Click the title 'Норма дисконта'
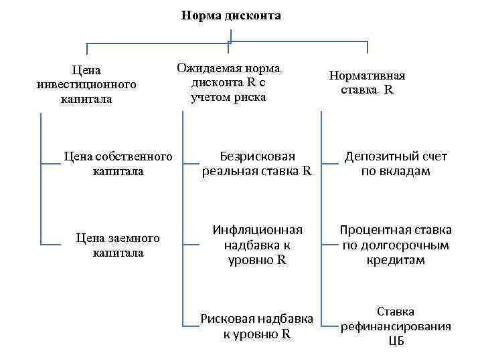231,15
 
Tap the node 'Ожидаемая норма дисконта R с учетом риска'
228,83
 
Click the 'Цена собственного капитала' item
118,164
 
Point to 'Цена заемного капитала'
118,245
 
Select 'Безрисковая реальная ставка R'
257,163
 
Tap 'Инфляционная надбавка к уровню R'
258,245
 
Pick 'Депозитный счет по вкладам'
396,164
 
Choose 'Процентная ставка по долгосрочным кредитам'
396,245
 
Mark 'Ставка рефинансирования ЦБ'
396,326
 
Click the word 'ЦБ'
396,341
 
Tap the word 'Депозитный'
378,156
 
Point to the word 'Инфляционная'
258,230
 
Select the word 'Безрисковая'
258,156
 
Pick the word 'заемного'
132,238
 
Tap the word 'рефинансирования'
396,326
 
